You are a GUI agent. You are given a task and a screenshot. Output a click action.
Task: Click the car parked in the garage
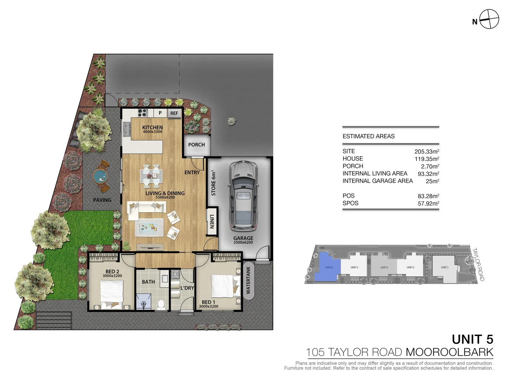(x=243, y=196)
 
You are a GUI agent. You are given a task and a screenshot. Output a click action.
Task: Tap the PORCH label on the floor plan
(x=197, y=145)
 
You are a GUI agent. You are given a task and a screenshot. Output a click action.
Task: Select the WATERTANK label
(x=248, y=280)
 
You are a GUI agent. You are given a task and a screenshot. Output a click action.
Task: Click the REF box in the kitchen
(x=174, y=113)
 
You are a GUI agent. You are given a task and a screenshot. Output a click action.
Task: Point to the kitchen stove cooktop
(x=142, y=113)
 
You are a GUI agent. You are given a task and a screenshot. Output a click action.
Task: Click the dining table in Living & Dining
(x=151, y=175)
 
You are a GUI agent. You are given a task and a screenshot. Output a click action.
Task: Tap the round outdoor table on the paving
(x=100, y=176)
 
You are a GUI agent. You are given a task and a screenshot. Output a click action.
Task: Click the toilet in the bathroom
(x=161, y=305)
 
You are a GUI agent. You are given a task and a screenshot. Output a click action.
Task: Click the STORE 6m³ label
(x=213, y=183)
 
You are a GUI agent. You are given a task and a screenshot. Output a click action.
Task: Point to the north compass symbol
(x=489, y=19)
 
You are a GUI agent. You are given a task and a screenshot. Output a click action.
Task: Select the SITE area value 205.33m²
(x=427, y=151)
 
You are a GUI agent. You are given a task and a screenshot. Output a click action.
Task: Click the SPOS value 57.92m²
(x=428, y=203)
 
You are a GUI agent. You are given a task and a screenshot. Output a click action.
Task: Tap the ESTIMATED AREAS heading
(x=368, y=136)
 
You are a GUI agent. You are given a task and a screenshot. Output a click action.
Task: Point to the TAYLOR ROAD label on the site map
(x=478, y=264)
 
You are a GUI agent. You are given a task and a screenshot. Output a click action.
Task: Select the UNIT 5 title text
(x=472, y=339)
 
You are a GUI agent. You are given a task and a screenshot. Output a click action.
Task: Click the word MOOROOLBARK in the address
(x=449, y=352)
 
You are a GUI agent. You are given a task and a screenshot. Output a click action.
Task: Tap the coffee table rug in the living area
(x=150, y=227)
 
